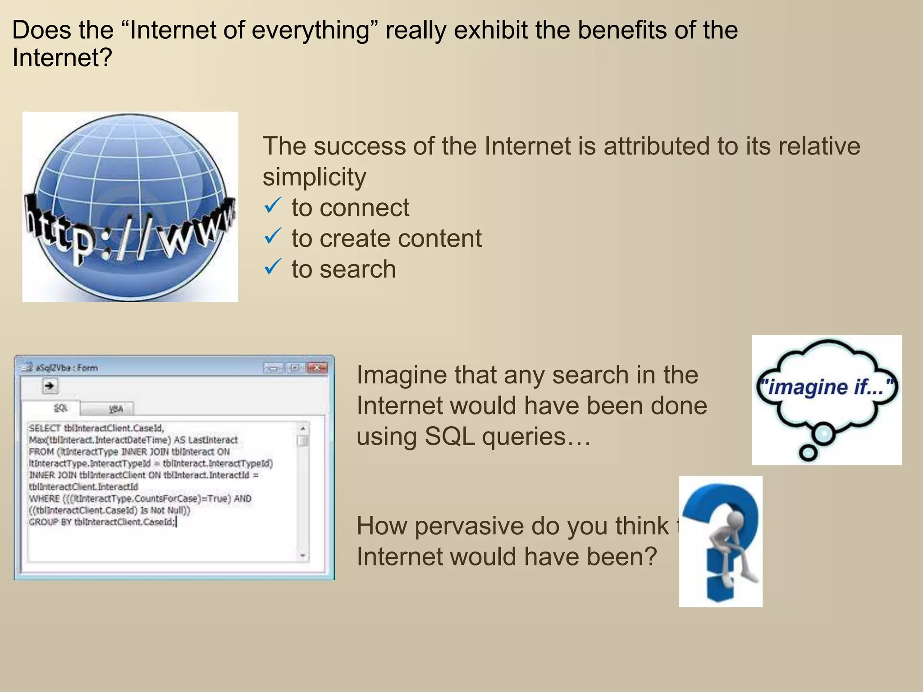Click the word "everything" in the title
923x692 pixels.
310,31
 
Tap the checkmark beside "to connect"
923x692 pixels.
273,206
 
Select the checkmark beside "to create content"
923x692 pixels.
273,237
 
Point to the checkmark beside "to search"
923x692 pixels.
273,267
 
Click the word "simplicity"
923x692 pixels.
314,177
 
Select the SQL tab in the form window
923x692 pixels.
60,408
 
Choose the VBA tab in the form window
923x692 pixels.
116,409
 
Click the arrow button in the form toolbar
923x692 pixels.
50,386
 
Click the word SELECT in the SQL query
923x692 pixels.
44,428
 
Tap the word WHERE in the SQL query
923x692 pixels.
44,499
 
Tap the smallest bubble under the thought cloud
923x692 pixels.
808,453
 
